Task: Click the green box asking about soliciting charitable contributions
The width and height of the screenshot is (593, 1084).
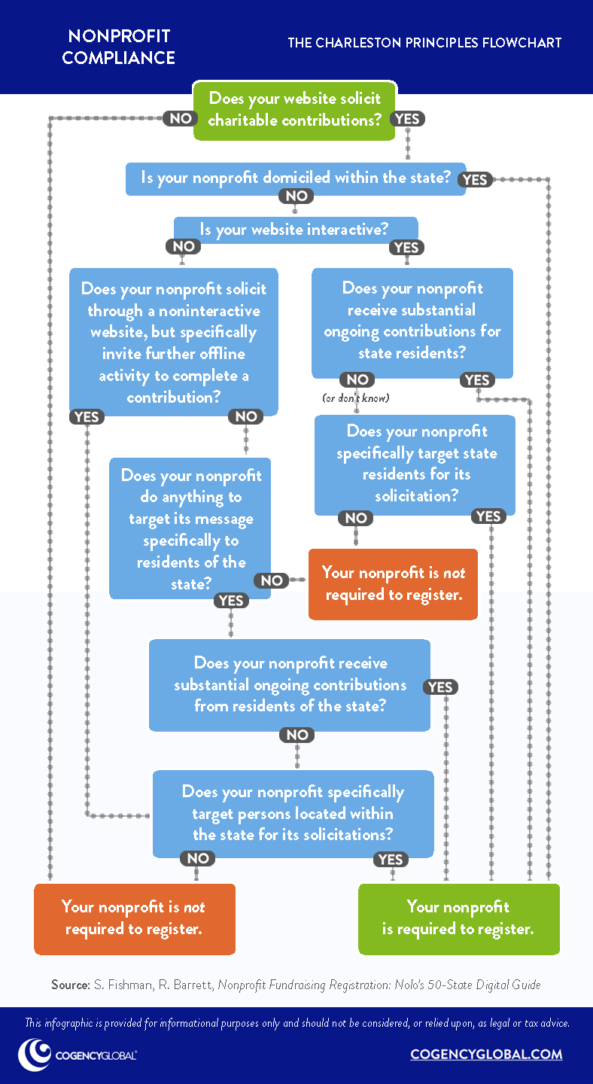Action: [x=295, y=109]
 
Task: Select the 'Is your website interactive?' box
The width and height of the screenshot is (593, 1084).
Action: [x=295, y=229]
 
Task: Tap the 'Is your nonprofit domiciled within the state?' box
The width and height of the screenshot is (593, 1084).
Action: [x=295, y=178]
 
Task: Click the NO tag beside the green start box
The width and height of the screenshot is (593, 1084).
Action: [x=180, y=118]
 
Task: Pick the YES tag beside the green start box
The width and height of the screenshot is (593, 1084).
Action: [x=408, y=118]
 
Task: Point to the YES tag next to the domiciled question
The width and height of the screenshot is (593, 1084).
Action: [x=476, y=179]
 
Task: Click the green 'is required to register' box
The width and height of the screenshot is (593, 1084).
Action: [x=458, y=918]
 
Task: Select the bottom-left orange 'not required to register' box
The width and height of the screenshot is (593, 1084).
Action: [x=134, y=918]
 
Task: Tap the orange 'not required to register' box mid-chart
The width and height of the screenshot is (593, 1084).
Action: [x=393, y=583]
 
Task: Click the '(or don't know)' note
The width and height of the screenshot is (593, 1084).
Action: [x=356, y=397]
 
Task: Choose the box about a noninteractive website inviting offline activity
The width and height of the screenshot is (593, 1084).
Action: [x=174, y=343]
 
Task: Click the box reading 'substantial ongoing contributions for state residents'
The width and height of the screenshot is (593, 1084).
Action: [x=412, y=321]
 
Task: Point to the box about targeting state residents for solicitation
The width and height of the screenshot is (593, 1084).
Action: [x=415, y=464]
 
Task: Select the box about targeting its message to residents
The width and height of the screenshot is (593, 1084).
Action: [x=190, y=530]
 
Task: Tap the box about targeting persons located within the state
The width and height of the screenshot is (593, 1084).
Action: [x=293, y=813]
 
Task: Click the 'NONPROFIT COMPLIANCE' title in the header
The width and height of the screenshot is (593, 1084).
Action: [x=118, y=47]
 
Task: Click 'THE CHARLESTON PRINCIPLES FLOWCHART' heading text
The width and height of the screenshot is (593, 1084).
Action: [x=424, y=43]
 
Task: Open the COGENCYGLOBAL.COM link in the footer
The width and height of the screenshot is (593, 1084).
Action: [x=486, y=1054]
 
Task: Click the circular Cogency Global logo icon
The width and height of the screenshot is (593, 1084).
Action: [x=35, y=1054]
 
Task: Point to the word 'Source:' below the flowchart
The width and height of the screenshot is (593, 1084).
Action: [x=69, y=985]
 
